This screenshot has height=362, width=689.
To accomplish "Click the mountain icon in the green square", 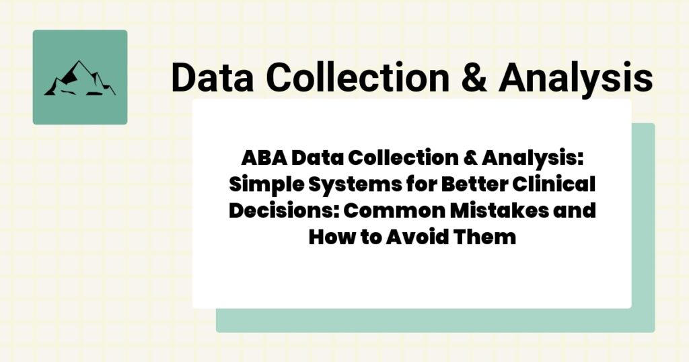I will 79,78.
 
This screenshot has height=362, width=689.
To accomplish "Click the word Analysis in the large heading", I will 575,79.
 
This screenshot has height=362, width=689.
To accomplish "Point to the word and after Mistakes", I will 576,210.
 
